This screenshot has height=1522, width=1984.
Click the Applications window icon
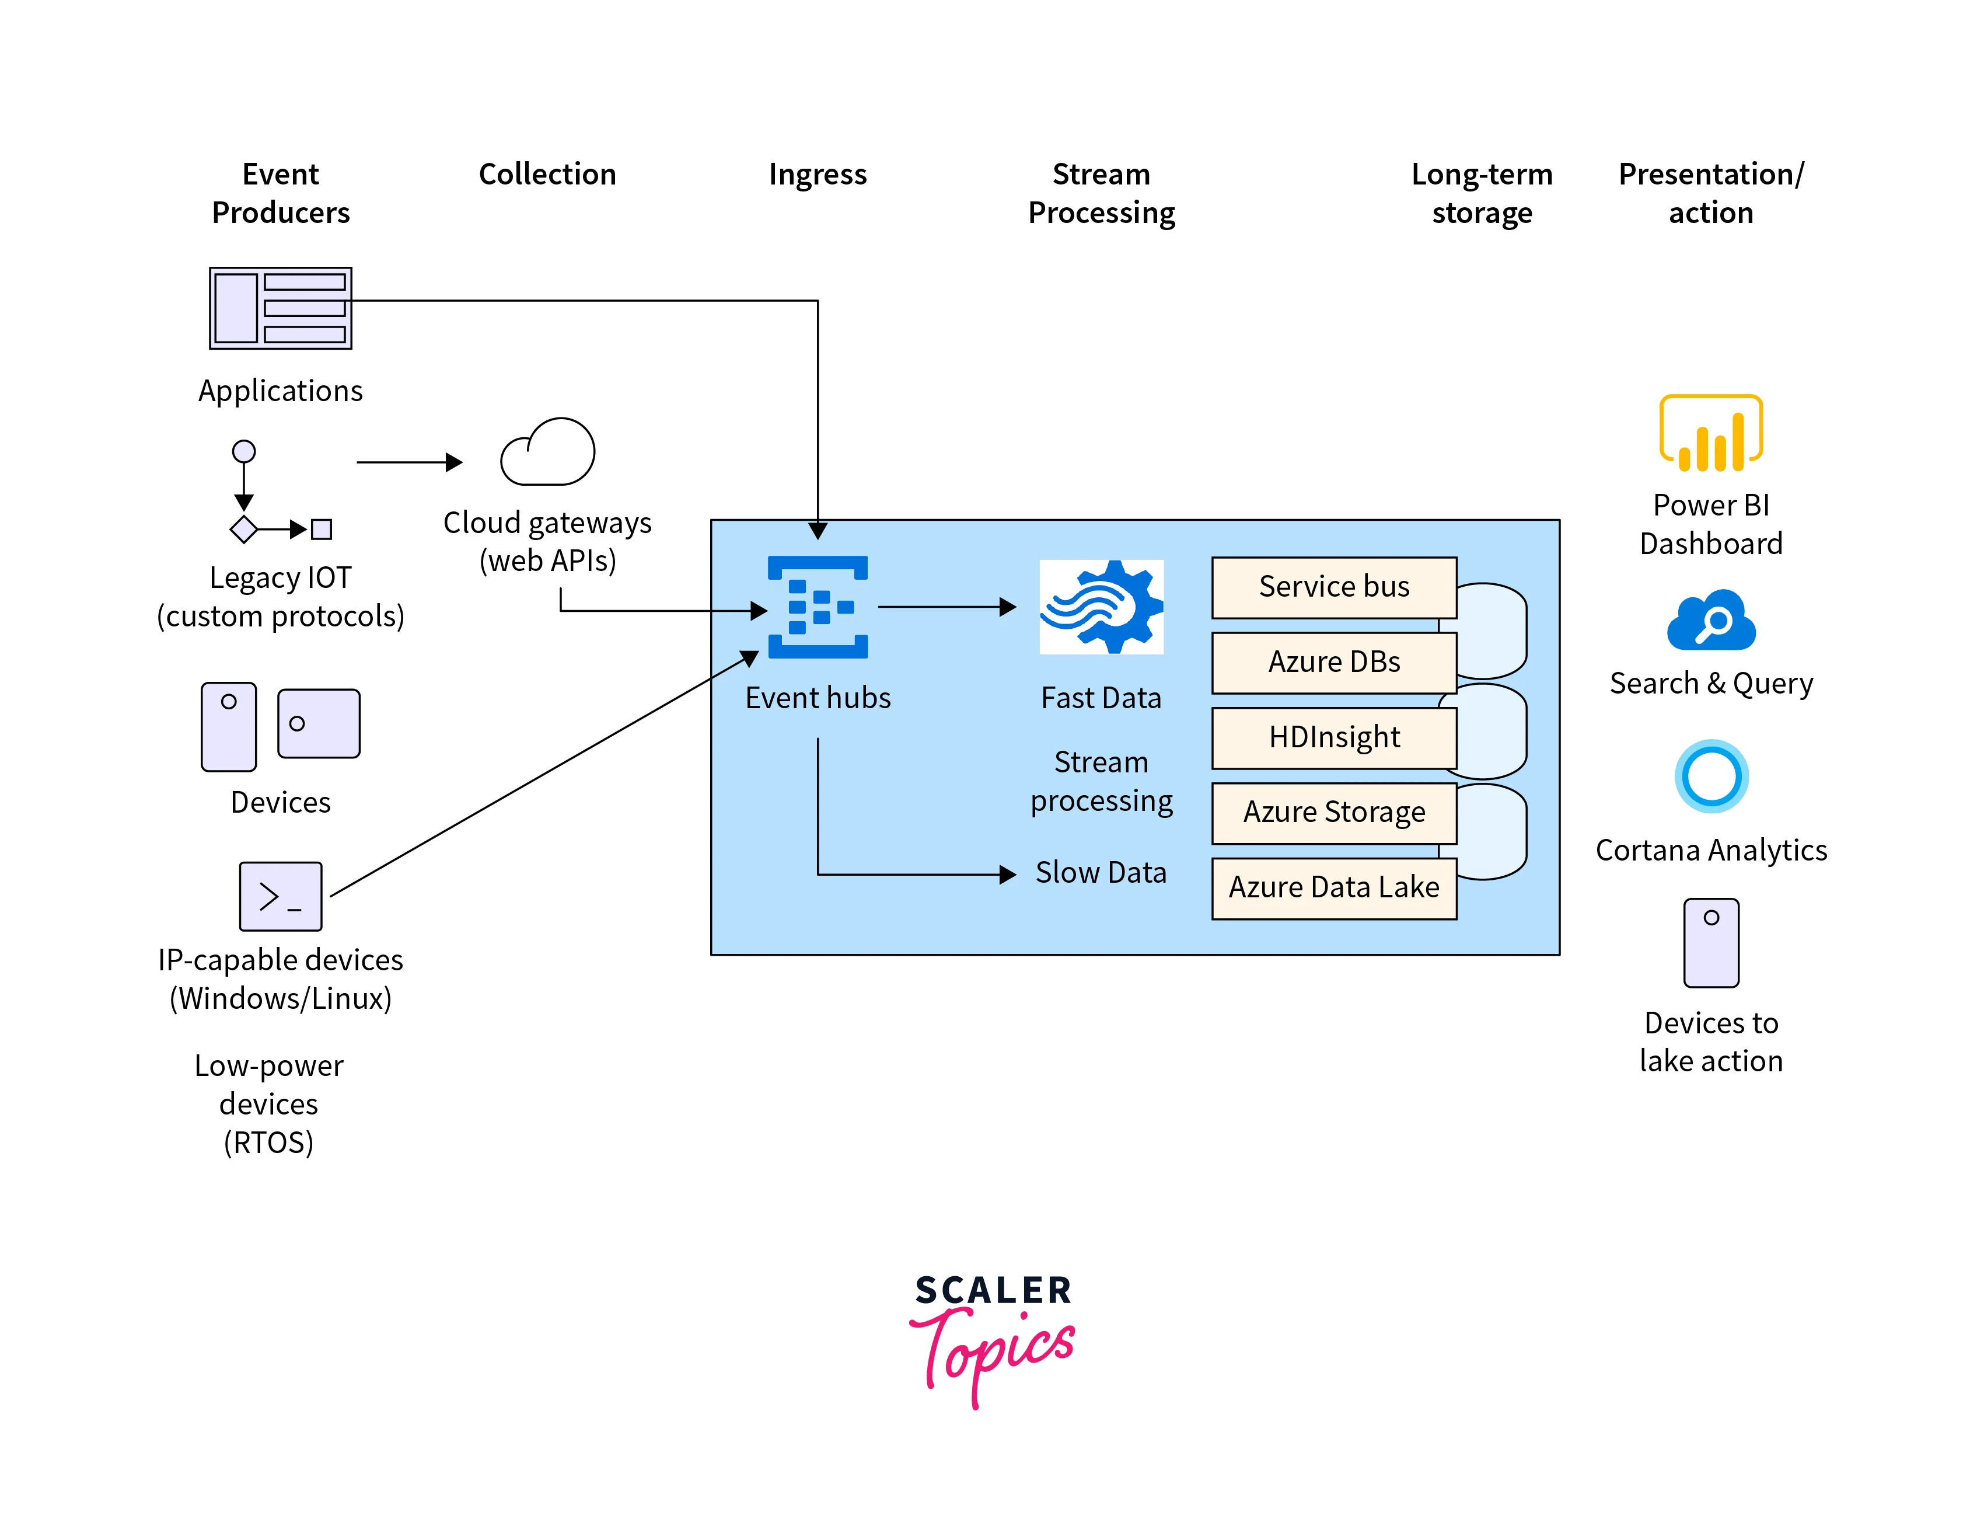pos(280,308)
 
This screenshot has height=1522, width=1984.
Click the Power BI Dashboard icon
pos(1710,433)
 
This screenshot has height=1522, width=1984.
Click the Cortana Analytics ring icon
pos(1710,776)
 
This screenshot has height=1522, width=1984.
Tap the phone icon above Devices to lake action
pos(1710,942)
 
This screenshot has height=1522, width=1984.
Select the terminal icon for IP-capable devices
pos(280,896)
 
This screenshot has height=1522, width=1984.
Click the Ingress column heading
pos(817,174)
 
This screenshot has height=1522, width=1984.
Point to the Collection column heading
pos(547,174)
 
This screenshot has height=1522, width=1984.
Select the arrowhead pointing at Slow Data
pos(1007,874)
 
